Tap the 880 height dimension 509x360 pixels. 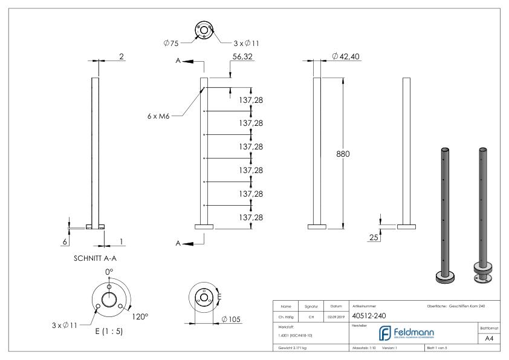click(343, 154)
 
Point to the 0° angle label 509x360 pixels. click(109, 272)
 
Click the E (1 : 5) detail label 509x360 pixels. click(109, 331)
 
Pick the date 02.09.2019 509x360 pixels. click(333, 315)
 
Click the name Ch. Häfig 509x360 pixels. click(287, 315)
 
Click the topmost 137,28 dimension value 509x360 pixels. click(250, 99)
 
